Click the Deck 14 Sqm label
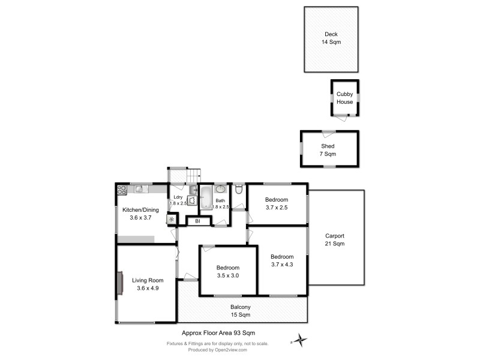tap(331, 38)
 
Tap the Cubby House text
tap(344, 98)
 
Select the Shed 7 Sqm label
tap(327, 150)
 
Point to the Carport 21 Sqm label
tap(334, 239)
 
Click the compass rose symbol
tap(299, 341)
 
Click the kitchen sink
tap(139, 189)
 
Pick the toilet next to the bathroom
tap(239, 191)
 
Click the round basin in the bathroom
tap(220, 190)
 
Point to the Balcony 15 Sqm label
tap(241, 310)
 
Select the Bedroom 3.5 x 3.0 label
tap(228, 271)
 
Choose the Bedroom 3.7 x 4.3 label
tap(282, 260)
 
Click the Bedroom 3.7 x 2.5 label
tap(277, 203)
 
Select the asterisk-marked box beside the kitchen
tap(172, 220)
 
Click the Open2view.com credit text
tap(217, 350)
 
